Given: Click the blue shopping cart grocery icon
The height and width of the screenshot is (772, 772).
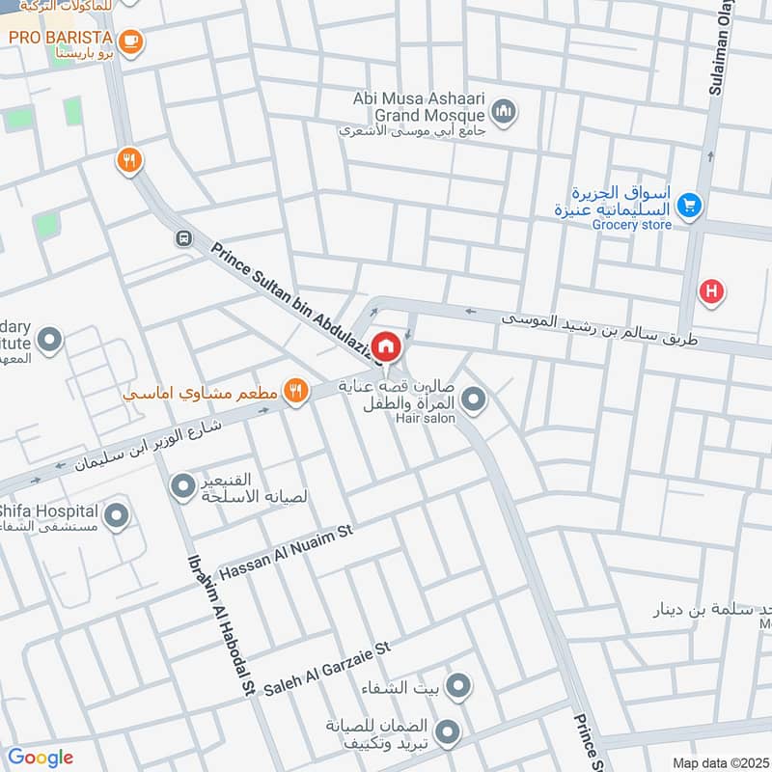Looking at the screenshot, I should tap(688, 205).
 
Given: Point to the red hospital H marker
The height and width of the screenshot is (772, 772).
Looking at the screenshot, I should tap(712, 291).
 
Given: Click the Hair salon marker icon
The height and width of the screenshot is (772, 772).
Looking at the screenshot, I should tap(473, 398).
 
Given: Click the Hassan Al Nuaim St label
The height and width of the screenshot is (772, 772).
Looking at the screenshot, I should tap(288, 554).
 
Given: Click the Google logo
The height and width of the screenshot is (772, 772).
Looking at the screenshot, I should tap(41, 758).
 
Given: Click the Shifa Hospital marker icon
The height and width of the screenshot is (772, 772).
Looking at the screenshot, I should tap(117, 516).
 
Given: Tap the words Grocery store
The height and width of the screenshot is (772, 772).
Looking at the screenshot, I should tap(631, 225).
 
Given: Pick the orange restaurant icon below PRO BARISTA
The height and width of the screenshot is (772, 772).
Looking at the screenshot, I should tap(128, 161).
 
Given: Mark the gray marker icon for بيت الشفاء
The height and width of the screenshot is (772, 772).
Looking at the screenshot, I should tap(458, 687).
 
